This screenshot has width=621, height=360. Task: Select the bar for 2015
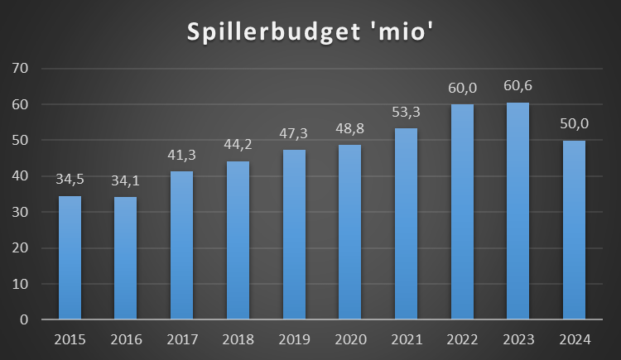[70, 257]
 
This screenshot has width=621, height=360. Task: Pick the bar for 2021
[406, 223]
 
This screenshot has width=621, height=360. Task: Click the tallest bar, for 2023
[517, 211]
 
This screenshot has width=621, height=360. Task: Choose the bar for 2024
[574, 230]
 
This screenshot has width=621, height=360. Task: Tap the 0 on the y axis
[24, 319]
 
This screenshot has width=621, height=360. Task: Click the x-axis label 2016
[126, 340]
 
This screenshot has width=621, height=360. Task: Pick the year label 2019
[294, 340]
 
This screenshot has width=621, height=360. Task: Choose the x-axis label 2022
[462, 340]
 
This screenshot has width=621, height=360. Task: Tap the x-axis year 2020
[349, 340]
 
